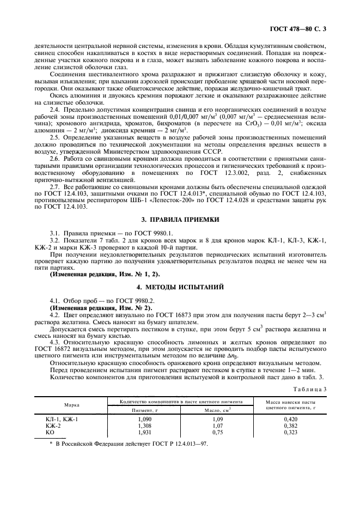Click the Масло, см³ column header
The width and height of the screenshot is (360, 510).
[216, 409]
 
